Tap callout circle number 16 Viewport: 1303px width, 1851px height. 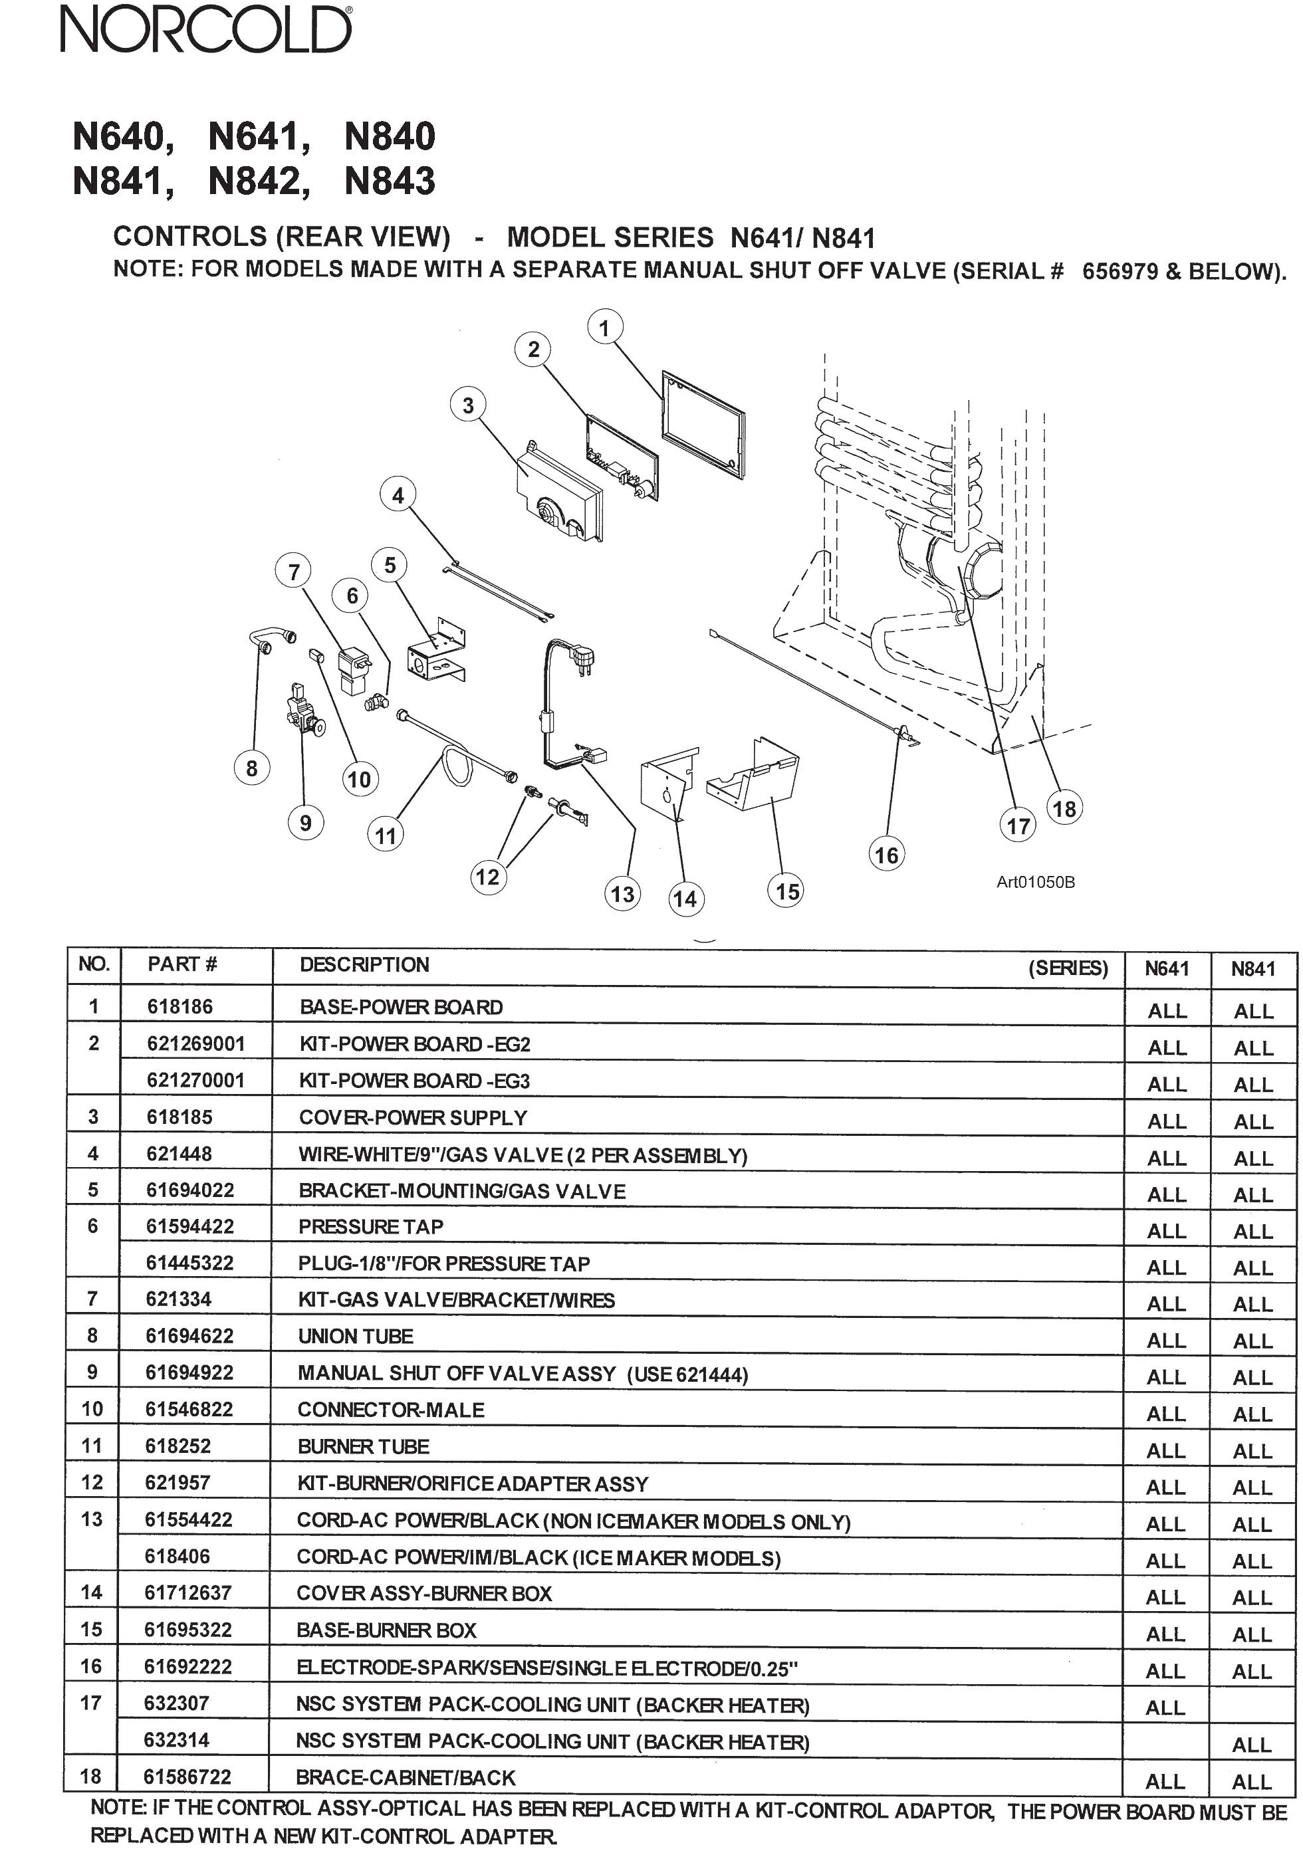[x=886, y=855]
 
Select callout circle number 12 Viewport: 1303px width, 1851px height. [x=487, y=877]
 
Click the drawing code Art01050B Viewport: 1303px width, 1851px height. [x=1034, y=882]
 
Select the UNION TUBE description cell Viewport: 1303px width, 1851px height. [x=356, y=1336]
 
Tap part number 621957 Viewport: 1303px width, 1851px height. [x=178, y=1483]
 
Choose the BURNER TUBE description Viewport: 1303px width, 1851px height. [x=363, y=1446]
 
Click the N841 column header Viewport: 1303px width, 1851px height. [x=1252, y=968]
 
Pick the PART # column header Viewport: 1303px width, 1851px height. [x=182, y=964]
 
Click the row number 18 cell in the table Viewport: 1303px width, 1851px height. [x=91, y=1777]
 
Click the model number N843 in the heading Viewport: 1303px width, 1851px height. [x=390, y=181]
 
